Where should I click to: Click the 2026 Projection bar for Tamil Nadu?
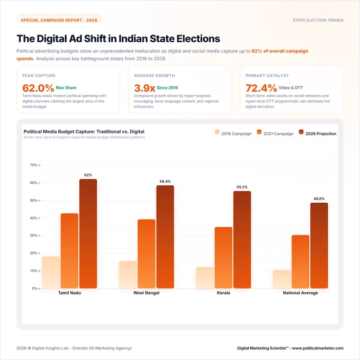point(88,233)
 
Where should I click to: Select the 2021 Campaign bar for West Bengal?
point(147,254)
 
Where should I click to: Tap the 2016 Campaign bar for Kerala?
point(205,277)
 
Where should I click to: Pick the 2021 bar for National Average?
point(300,262)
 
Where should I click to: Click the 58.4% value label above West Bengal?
point(165,182)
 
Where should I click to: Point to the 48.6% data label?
point(319,199)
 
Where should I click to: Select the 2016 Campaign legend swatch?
point(217,132)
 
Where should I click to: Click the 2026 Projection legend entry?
point(318,133)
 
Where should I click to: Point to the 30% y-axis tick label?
point(33,236)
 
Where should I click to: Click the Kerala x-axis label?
point(223,293)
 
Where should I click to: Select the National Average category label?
point(300,293)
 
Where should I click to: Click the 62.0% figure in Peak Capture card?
point(38,88)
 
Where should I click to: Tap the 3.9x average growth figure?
point(145,88)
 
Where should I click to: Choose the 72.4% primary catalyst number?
point(262,88)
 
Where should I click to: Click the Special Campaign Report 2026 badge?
point(59,20)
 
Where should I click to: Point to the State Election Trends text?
point(318,20)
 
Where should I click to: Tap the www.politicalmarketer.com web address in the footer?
point(318,348)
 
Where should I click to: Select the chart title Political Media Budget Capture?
point(84,131)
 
